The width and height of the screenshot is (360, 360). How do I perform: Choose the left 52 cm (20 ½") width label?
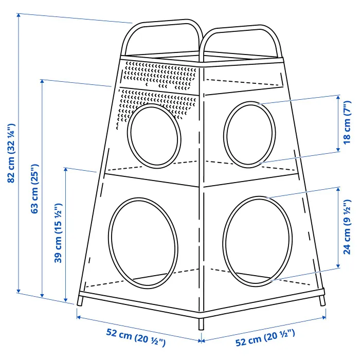pos(136,339)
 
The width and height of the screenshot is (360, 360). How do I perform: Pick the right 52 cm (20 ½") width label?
pos(265,339)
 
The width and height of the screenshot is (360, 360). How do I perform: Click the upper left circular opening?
pos(155,135)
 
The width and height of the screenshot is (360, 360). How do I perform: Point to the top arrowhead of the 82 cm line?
pos(19,15)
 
